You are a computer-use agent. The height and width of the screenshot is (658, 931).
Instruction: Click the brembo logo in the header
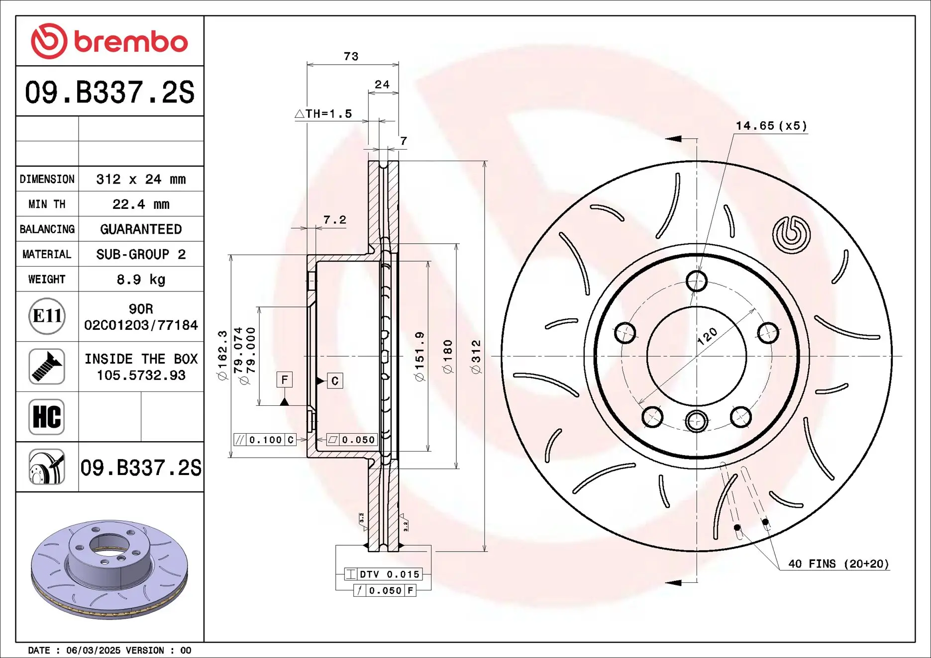tap(109, 41)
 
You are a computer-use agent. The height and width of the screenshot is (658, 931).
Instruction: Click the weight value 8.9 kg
tap(141, 280)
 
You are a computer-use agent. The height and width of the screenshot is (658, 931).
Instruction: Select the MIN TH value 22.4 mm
tap(141, 204)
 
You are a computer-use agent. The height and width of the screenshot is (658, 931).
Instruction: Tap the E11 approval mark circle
tap(47, 316)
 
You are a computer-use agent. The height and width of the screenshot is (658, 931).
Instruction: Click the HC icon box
tap(47, 417)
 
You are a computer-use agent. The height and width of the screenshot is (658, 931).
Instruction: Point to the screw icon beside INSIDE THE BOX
tap(47, 367)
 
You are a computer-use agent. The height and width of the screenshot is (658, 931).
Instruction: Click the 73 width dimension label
tap(351, 57)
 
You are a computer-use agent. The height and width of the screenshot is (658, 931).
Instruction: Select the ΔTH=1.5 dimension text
tap(323, 114)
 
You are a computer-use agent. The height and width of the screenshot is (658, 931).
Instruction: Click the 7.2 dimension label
tap(334, 220)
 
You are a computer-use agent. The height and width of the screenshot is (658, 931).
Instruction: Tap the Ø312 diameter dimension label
tap(476, 357)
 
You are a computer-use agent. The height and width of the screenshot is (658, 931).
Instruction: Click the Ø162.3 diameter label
tap(222, 355)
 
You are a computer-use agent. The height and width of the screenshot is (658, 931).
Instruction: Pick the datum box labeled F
tap(285, 380)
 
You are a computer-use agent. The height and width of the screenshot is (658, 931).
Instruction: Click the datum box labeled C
tap(335, 381)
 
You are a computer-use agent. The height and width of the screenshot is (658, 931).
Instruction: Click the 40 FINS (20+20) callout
tap(838, 564)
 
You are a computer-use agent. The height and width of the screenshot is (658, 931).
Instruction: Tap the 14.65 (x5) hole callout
tap(771, 126)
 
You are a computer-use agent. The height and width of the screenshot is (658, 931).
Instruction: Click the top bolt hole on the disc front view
tap(696, 282)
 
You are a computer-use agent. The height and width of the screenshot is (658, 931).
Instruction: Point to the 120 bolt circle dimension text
tap(707, 337)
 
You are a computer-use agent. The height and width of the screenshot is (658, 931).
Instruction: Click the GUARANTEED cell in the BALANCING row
tap(141, 229)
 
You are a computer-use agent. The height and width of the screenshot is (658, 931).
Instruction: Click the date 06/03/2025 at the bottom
tap(94, 651)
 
